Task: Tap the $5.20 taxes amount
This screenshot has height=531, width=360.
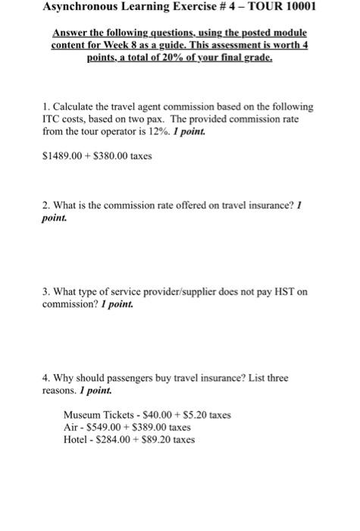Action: click(x=200, y=415)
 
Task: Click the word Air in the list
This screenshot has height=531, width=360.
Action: click(x=71, y=427)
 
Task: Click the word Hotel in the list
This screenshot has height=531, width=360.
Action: click(x=77, y=439)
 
